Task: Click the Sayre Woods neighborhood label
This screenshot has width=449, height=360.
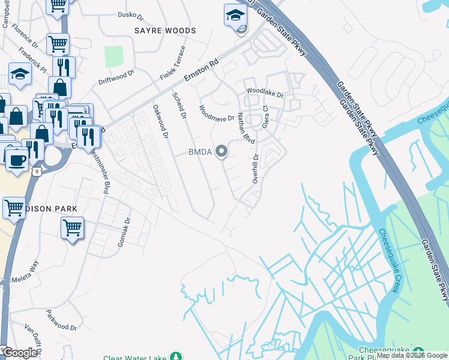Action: pos(165,30)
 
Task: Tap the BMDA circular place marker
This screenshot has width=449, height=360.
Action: pos(222,151)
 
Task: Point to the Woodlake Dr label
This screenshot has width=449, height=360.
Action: pos(264,94)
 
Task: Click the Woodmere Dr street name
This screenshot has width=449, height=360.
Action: pos(216,114)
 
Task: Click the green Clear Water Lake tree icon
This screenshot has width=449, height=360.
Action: pos(176,356)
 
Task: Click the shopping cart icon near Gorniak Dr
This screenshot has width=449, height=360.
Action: pos(72,228)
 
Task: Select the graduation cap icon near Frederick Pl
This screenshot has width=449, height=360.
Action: pos(20,75)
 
